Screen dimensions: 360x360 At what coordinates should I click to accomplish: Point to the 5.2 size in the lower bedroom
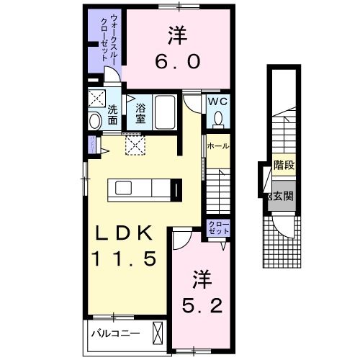pyautogui.click(x=200, y=305)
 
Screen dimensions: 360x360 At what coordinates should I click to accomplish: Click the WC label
pyautogui.click(x=217, y=102)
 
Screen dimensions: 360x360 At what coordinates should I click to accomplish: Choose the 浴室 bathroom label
pyautogui.click(x=140, y=114)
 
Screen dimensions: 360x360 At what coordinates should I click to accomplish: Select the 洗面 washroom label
pyautogui.click(x=113, y=114)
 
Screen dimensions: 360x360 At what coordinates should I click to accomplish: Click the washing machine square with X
pyautogui.click(x=96, y=97)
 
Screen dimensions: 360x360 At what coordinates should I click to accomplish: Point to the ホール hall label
pyautogui.click(x=218, y=146)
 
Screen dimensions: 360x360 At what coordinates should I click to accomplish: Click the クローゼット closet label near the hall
pyautogui.click(x=218, y=228)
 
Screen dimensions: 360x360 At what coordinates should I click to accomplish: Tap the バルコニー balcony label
pyautogui.click(x=114, y=333)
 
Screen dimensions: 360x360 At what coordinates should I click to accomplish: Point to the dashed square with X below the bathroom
pyautogui.click(x=134, y=145)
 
